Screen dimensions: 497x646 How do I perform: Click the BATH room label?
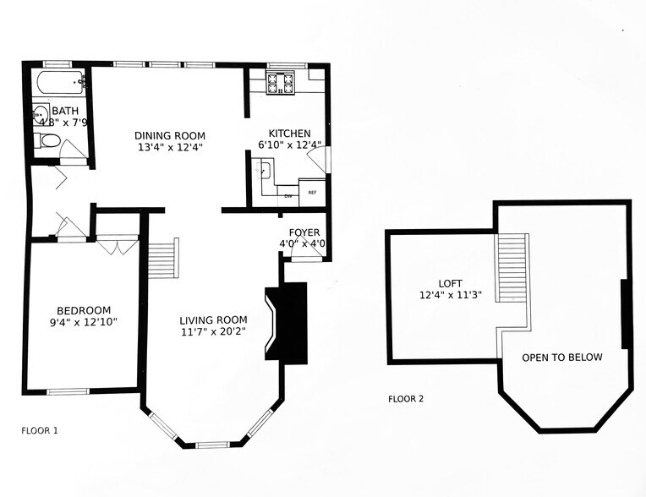point(64,111)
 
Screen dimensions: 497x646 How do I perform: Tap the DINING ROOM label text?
point(170,135)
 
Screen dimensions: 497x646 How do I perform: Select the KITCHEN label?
point(289,134)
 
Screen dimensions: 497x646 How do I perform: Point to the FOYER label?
point(304,232)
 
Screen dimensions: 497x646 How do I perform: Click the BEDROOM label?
point(84,310)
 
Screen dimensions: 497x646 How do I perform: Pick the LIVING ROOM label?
point(213,319)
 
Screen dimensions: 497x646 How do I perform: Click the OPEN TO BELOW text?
point(561,358)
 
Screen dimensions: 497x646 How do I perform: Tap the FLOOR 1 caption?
point(40,430)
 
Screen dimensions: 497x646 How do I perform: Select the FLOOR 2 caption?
point(406,399)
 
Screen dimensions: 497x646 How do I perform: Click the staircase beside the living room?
point(162,258)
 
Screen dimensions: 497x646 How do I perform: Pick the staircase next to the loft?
point(512,269)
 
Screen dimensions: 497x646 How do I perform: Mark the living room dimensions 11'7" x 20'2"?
point(213,332)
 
